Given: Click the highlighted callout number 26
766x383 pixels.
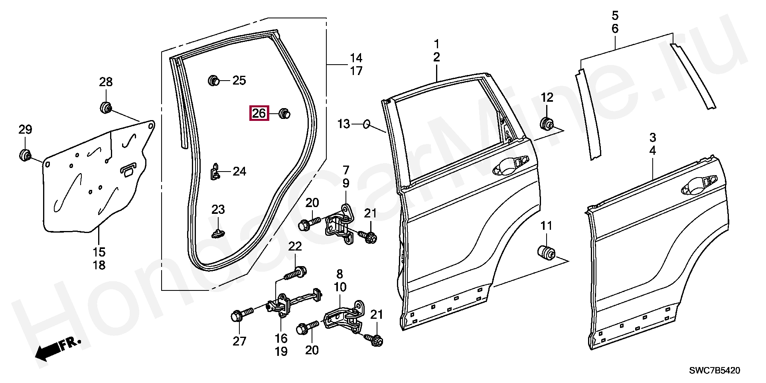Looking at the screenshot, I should (259, 113).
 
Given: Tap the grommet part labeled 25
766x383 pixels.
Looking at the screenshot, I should (214, 81).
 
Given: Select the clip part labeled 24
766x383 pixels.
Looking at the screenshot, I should (215, 172).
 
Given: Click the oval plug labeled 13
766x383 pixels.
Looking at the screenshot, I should (367, 124).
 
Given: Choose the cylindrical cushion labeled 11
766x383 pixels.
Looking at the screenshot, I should (545, 253).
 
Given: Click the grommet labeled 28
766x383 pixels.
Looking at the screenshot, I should (105, 107).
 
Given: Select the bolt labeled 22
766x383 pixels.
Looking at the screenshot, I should (295, 274).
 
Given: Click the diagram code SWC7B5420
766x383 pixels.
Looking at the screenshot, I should (715, 371).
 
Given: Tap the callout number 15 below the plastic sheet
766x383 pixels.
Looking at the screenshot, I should (99, 252).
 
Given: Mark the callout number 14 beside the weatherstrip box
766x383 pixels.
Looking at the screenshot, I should (356, 57).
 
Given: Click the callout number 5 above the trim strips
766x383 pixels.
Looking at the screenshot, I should (615, 16).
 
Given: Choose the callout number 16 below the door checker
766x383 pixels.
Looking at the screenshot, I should (281, 338).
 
